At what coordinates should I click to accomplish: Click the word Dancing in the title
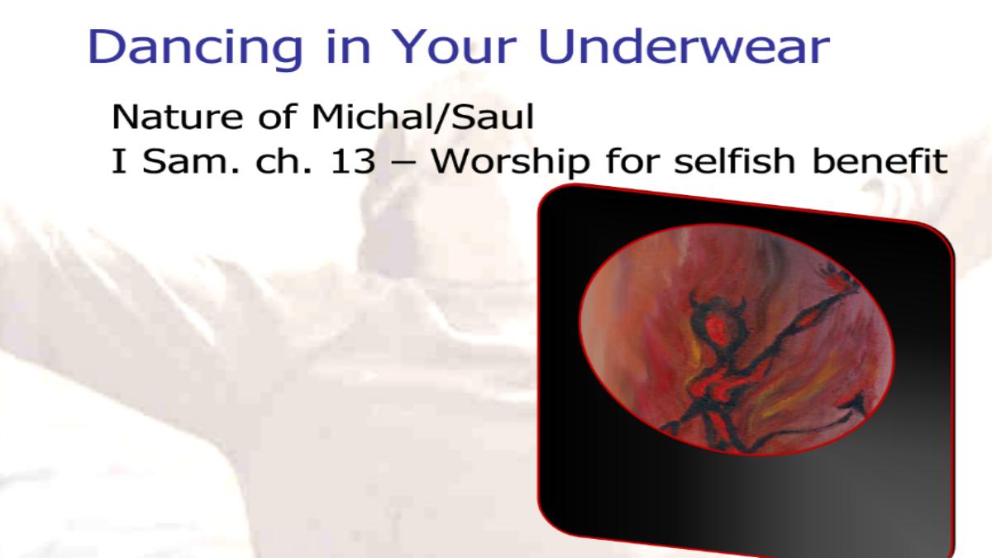pos(195,48)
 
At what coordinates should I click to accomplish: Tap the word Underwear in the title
pos(684,46)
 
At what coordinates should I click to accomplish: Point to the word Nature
pos(177,117)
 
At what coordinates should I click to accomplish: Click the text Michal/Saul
pos(423,117)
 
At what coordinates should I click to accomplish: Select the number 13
pos(352,162)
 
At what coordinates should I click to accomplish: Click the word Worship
pos(511,162)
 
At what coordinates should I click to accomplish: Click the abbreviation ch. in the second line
pos(284,160)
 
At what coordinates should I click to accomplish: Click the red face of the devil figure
pos(716,330)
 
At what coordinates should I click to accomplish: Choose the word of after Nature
pos(277,116)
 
